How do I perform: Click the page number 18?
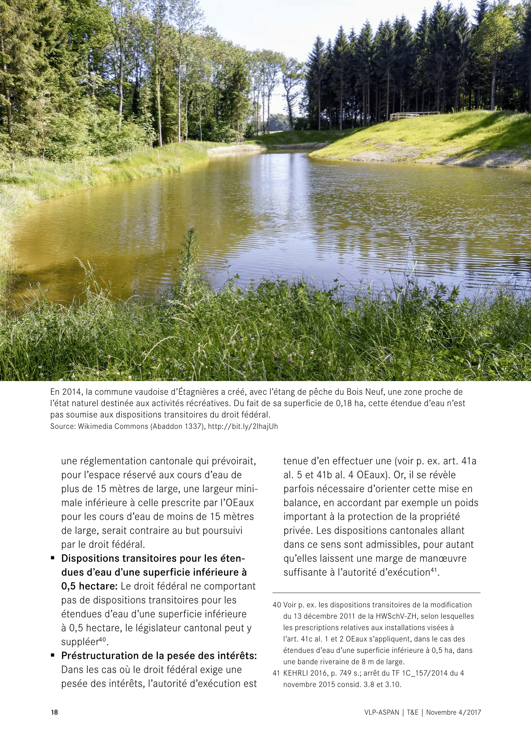tap(54, 712)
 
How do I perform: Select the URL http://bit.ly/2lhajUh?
tap(243, 427)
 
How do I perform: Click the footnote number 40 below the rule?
tap(276, 605)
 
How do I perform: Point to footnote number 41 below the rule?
tap(276, 673)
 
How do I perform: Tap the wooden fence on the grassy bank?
tap(414, 116)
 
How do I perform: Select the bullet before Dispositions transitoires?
tap(53, 558)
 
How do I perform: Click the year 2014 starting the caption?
tap(71, 392)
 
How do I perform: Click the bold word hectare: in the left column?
tap(98, 586)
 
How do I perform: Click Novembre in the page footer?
tap(441, 712)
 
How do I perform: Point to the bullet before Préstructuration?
tap(53, 656)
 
